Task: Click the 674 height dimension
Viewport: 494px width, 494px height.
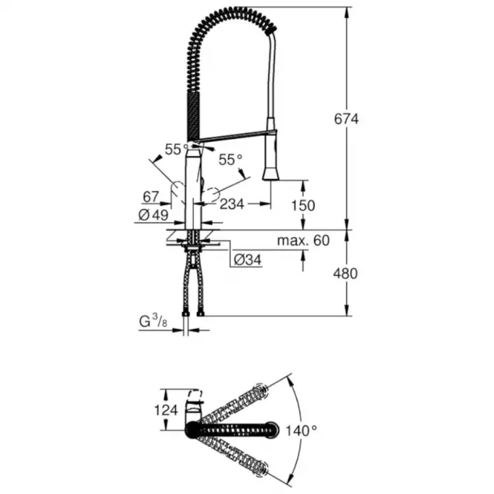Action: click(x=346, y=119)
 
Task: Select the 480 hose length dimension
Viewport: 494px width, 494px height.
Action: click(x=345, y=273)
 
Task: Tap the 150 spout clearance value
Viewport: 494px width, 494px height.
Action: click(x=303, y=206)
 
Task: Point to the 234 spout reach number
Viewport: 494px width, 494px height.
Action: click(x=232, y=204)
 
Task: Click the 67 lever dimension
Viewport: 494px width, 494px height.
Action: click(x=151, y=197)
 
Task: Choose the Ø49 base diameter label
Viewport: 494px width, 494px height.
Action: click(x=154, y=215)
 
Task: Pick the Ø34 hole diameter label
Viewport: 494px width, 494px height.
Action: click(x=248, y=260)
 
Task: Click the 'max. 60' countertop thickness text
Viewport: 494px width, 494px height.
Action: click(x=303, y=241)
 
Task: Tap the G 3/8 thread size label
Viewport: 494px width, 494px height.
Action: click(x=154, y=322)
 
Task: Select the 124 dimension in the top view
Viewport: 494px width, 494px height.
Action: click(x=166, y=410)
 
